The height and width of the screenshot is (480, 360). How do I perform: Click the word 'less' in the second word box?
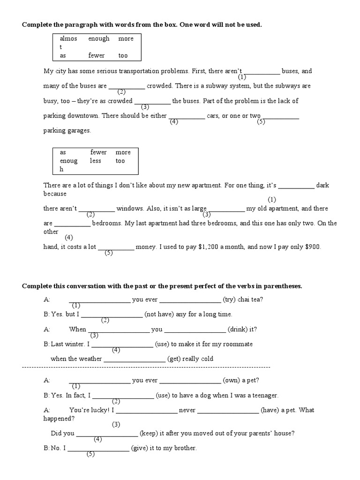[95, 161]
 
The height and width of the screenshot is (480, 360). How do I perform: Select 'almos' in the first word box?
[68, 39]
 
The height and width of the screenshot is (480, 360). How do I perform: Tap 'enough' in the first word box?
[98, 39]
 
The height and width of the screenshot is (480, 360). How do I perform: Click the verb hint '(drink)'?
[237, 329]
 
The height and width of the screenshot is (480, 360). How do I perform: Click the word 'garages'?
[79, 131]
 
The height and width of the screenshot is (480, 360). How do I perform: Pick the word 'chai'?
[245, 300]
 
